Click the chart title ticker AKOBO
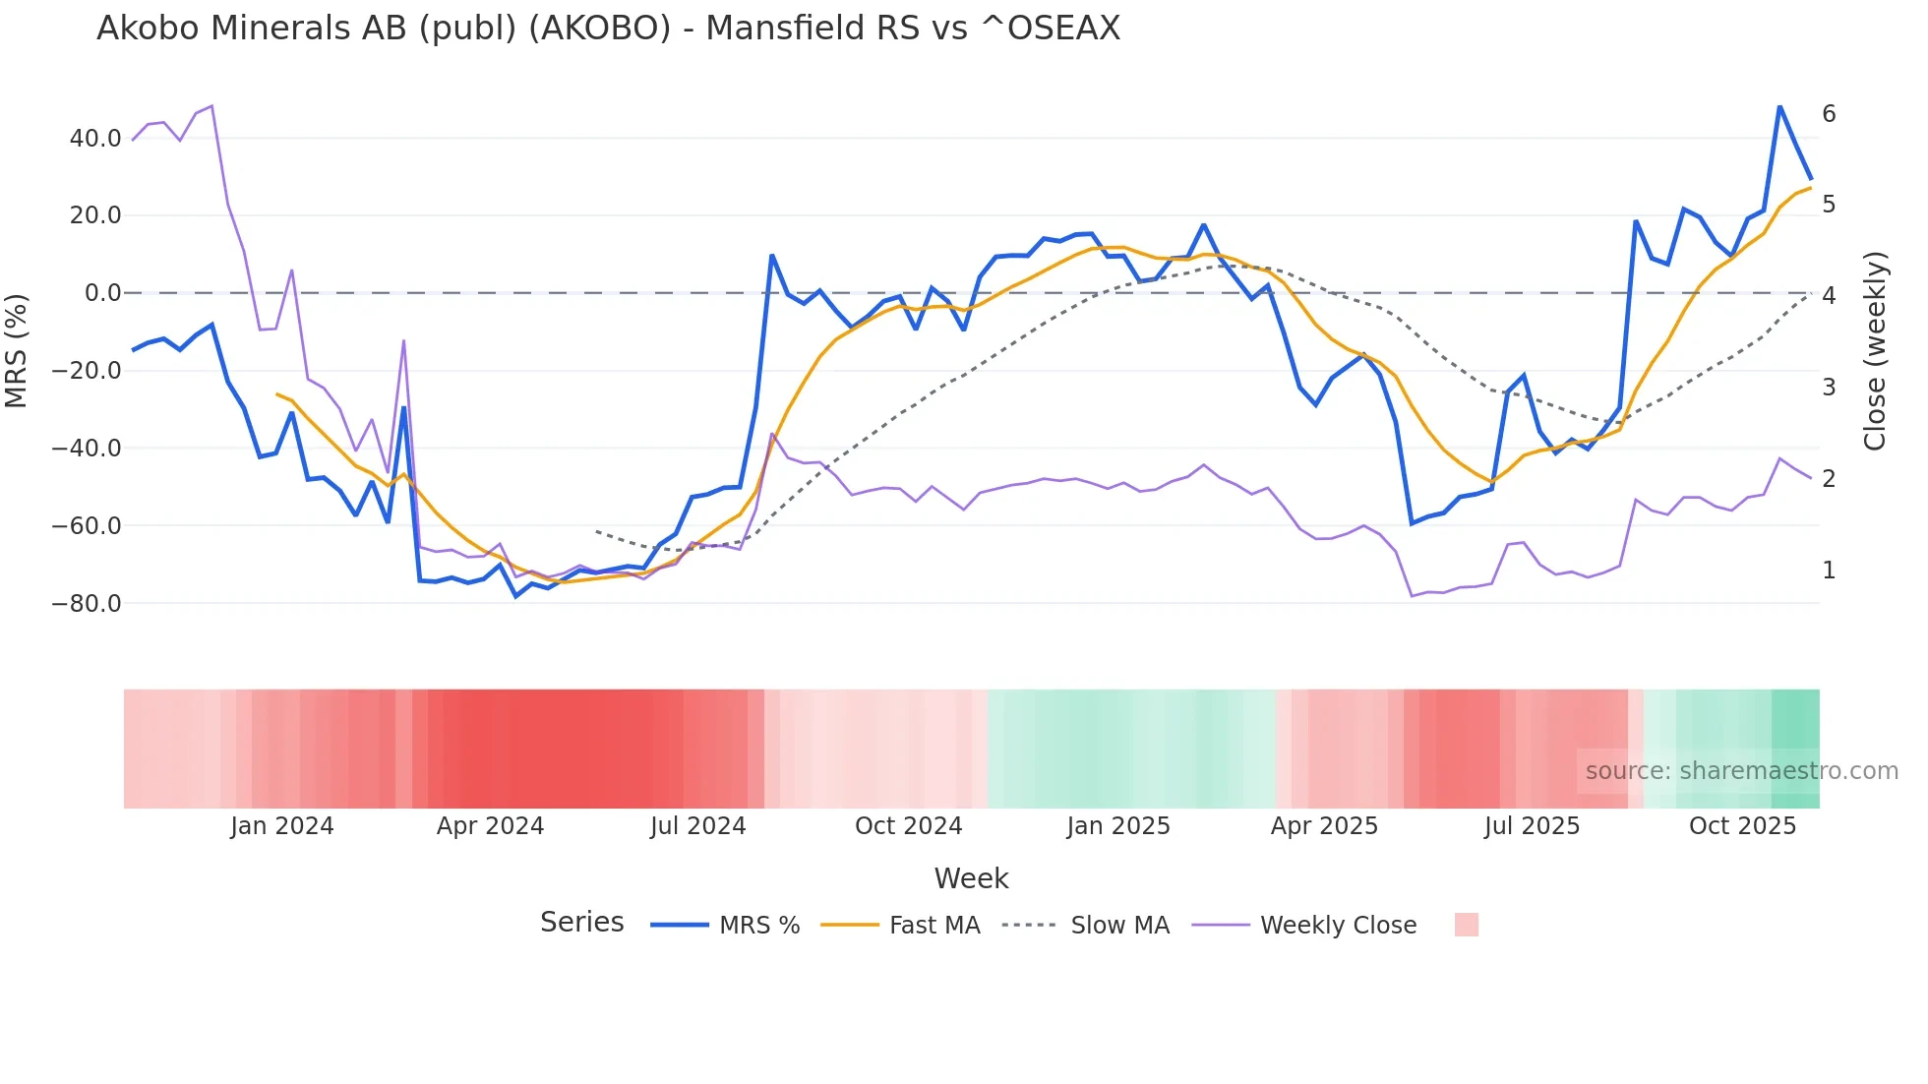tap(599, 29)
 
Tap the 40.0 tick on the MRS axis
tap(95, 139)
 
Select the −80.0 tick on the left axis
tap(87, 604)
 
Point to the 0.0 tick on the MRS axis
tap(102, 293)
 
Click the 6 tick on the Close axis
tap(1829, 114)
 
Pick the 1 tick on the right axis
tap(1829, 571)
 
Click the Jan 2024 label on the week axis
tap(282, 826)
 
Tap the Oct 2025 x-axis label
tap(1742, 826)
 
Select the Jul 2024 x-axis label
tap(697, 826)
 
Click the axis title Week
tap(971, 878)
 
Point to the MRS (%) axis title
tap(17, 350)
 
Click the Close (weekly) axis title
tap(1875, 351)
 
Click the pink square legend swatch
tap(1466, 925)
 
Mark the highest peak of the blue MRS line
tap(1779, 106)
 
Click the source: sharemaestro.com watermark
tap(1741, 771)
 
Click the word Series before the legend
tap(581, 923)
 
